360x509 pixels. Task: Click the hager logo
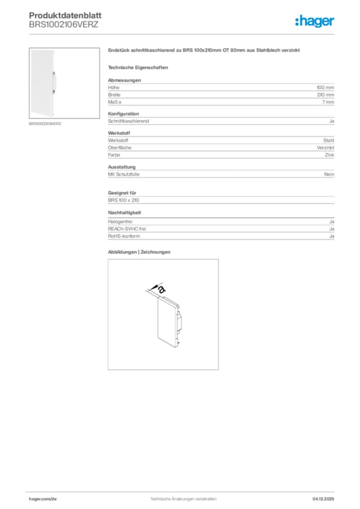(314, 21)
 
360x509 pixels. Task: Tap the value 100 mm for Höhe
(326, 87)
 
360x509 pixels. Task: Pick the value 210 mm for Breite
(326, 94)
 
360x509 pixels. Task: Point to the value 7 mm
(328, 102)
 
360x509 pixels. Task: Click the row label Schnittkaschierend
(128, 121)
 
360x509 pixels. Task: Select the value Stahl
(329, 141)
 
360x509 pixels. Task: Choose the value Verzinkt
(326, 148)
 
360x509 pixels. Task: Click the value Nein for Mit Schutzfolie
(329, 174)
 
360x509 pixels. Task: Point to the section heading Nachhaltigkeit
(124, 212)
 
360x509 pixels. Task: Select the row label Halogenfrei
(120, 221)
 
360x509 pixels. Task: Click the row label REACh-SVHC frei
(127, 229)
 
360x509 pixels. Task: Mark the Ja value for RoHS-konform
(332, 236)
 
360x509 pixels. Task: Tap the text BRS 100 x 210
(123, 200)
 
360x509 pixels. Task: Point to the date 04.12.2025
(323, 498)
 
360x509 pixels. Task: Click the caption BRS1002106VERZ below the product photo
(45, 123)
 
